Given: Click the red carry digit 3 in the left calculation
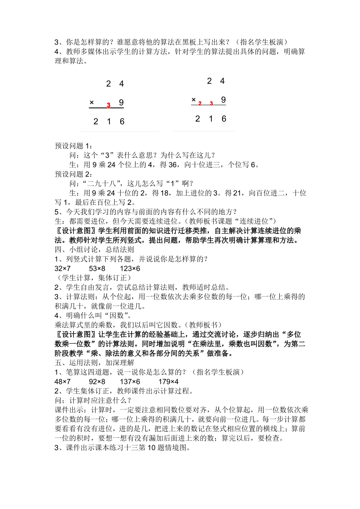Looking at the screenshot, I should (x=108, y=105).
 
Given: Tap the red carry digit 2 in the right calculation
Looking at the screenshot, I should (x=200, y=103).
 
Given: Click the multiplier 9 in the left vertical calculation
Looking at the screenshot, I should (x=121, y=103).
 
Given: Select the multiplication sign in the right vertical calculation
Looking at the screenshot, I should (x=194, y=100).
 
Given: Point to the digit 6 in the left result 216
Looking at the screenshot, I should (x=122, y=122).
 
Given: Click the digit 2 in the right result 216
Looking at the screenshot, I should (x=197, y=119).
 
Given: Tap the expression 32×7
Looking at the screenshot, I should (x=63, y=269).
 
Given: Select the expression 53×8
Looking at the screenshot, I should (x=97, y=269).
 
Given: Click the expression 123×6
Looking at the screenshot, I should (x=130, y=269).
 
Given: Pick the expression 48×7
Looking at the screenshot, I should (x=63, y=382).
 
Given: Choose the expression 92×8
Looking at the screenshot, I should (x=97, y=382).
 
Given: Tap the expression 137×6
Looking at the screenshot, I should (x=130, y=382).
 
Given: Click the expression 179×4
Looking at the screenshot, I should (x=168, y=382).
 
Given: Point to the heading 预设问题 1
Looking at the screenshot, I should (x=74, y=146).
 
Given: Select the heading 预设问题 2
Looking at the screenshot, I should (x=74, y=174).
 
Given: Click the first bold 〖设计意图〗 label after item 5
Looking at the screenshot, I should (x=76, y=231).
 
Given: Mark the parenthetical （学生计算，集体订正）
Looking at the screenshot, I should (x=93, y=278).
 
